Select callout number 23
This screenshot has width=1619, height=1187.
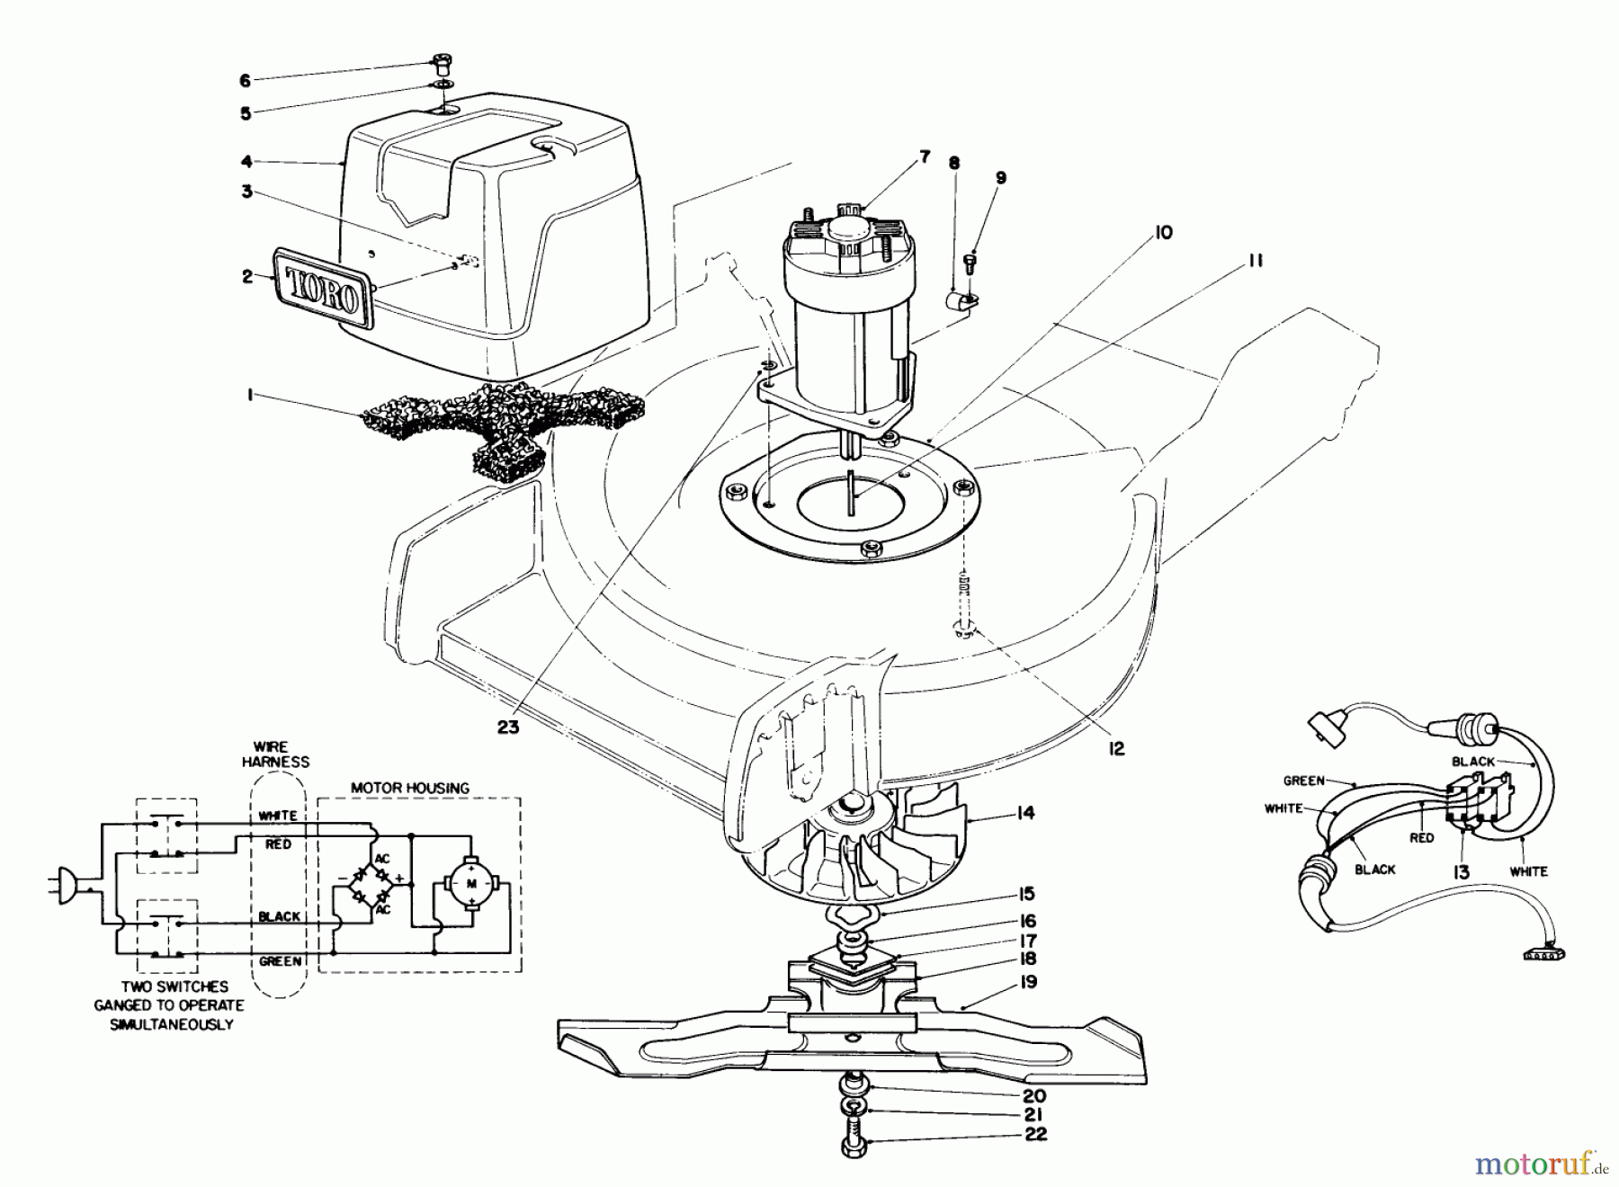508,727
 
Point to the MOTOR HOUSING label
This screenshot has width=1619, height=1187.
409,788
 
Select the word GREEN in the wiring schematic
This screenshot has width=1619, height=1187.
280,961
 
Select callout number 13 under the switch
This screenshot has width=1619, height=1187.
1461,872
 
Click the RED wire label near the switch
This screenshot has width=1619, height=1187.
1422,838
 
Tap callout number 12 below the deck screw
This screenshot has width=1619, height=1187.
1115,748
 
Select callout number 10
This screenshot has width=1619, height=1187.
1162,233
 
